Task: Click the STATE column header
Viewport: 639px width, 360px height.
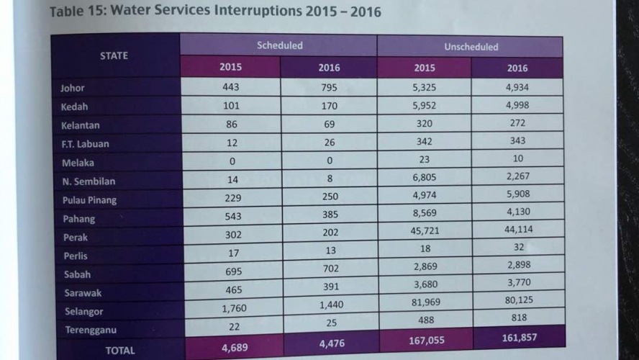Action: (x=114, y=56)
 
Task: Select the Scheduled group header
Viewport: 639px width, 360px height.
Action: (x=279, y=45)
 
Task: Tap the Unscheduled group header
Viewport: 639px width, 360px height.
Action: (x=471, y=47)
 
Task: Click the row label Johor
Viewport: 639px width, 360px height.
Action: (x=73, y=88)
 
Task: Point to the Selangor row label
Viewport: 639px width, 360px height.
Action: (x=84, y=312)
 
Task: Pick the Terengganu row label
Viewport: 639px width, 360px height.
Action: (x=91, y=330)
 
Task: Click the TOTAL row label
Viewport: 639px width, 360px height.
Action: (x=120, y=351)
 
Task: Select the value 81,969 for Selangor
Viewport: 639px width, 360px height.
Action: (x=426, y=302)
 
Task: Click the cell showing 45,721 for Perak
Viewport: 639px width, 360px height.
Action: (x=425, y=230)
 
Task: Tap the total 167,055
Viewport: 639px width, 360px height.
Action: (x=427, y=341)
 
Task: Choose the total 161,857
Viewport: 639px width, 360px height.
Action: (x=520, y=338)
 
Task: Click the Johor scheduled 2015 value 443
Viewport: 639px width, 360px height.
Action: (x=231, y=87)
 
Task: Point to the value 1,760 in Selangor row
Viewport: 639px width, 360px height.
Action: (x=235, y=308)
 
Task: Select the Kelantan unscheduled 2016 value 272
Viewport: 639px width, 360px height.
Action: (x=517, y=122)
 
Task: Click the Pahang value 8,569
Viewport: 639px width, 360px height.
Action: (x=425, y=213)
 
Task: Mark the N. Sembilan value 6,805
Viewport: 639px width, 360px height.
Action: (x=425, y=177)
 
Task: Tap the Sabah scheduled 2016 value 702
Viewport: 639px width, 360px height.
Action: (x=330, y=269)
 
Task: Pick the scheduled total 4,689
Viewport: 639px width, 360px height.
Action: (x=235, y=348)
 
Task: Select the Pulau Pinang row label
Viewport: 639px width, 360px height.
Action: (x=90, y=200)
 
